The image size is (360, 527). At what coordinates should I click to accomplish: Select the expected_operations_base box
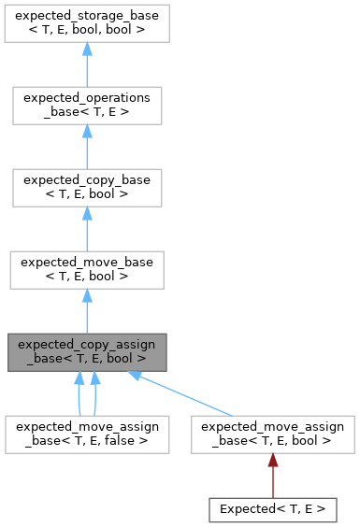pyautogui.click(x=87, y=106)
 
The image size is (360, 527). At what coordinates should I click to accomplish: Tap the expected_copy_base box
pyautogui.click(x=87, y=187)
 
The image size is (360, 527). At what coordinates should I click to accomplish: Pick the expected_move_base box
pyautogui.click(x=87, y=268)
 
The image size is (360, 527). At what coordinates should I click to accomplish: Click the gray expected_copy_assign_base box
pyautogui.click(x=87, y=350)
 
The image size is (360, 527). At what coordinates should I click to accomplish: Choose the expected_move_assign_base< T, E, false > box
pyautogui.click(x=87, y=434)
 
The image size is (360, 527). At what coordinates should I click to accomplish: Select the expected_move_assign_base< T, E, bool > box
pyautogui.click(x=272, y=434)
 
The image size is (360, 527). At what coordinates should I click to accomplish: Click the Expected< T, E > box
pyautogui.click(x=272, y=509)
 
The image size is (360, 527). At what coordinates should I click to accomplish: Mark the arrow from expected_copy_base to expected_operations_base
pyautogui.click(x=87, y=146)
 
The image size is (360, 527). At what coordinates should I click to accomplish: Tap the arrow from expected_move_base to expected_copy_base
pyautogui.click(x=87, y=228)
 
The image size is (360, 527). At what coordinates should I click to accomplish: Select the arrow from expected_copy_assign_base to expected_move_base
pyautogui.click(x=87, y=309)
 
